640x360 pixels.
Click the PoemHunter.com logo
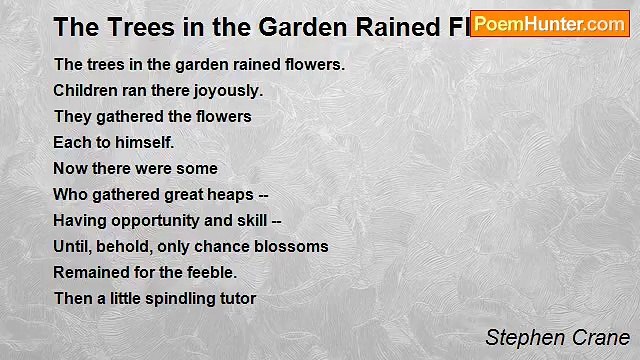coord(549,24)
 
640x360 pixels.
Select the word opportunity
coord(155,220)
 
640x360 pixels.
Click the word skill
coord(251,220)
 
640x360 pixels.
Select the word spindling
coord(166,298)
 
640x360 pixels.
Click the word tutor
coord(236,298)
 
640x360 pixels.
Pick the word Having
coord(79,220)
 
